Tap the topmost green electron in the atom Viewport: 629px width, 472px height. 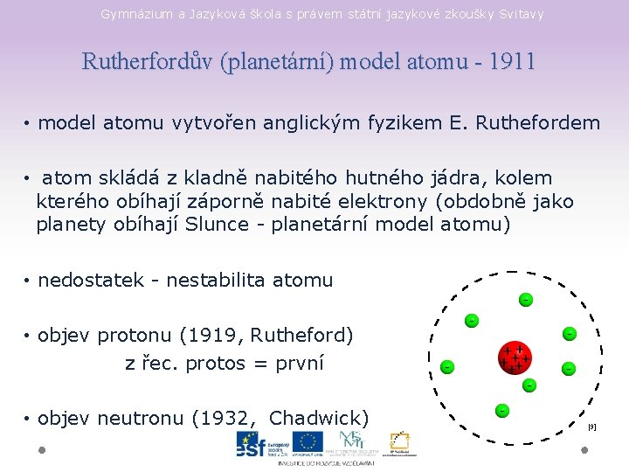526,300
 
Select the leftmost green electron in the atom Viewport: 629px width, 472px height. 446,366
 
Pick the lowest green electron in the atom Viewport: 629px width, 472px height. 502,410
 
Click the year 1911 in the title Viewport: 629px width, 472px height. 513,62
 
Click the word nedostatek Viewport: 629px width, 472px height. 91,281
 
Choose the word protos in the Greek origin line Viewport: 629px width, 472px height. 216,363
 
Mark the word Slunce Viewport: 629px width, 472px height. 223,225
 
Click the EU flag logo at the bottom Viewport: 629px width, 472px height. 307,443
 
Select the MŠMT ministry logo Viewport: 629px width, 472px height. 352,442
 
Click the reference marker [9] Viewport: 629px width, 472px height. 591,427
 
